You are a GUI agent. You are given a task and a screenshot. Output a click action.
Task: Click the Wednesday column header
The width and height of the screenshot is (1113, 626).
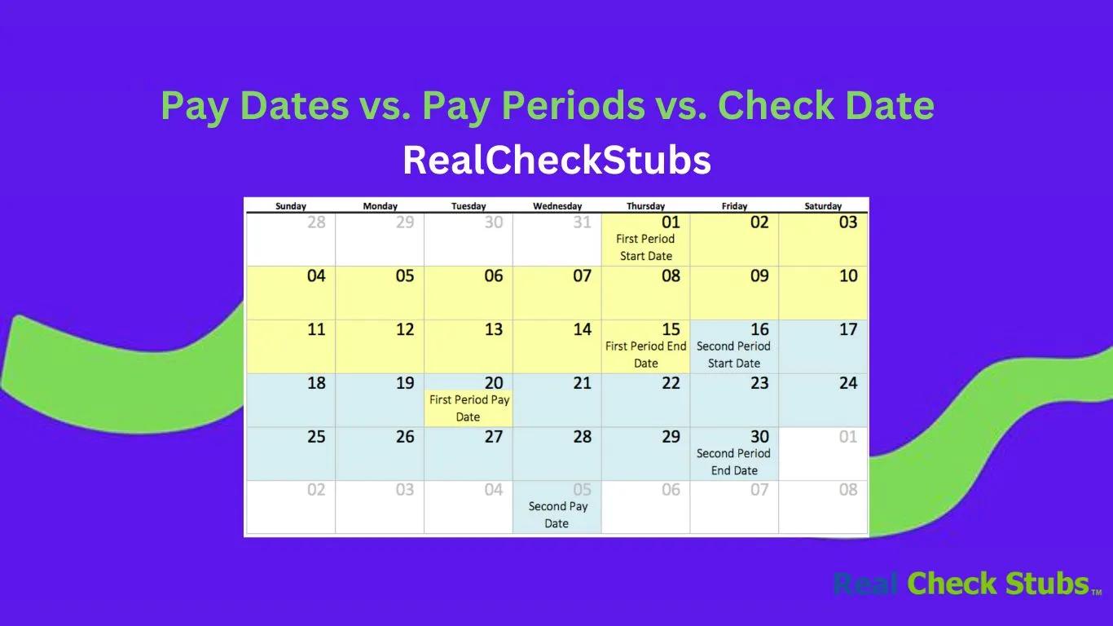pyautogui.click(x=557, y=206)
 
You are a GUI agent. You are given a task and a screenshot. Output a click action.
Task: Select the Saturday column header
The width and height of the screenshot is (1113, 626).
pyautogui.click(x=823, y=206)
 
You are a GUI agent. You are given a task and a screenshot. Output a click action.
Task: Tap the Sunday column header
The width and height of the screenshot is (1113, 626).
pyautogui.click(x=291, y=206)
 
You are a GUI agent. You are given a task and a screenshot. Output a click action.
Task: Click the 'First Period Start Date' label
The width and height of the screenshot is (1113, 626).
pyautogui.click(x=645, y=248)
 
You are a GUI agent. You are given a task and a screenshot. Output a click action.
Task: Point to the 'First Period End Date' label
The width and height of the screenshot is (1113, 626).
pyautogui.click(x=645, y=355)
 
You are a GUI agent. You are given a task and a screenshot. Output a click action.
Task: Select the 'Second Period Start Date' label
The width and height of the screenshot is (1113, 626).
pyautogui.click(x=733, y=355)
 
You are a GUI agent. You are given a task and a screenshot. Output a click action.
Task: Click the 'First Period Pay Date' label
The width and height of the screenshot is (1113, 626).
pyautogui.click(x=469, y=408)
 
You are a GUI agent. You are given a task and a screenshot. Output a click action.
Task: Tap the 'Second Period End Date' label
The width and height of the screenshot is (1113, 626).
pyautogui.click(x=733, y=462)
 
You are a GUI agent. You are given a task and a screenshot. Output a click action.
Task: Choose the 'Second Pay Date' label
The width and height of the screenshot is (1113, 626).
pyautogui.click(x=557, y=515)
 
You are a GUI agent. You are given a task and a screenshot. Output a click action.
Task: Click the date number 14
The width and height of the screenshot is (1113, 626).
pyautogui.click(x=582, y=330)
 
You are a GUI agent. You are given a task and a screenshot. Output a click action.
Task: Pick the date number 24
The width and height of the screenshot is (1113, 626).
pyautogui.click(x=848, y=383)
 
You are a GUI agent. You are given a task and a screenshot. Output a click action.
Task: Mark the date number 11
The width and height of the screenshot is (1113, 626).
pyautogui.click(x=316, y=330)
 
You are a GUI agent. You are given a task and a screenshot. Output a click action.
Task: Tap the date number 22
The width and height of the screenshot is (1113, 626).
pyautogui.click(x=671, y=383)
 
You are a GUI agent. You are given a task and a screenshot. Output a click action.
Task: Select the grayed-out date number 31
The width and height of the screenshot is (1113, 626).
pyautogui.click(x=582, y=223)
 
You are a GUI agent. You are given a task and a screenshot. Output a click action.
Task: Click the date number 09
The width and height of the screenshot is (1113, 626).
pyautogui.click(x=759, y=276)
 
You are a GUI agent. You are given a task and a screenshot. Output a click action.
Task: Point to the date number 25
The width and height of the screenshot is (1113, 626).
pyautogui.click(x=316, y=437)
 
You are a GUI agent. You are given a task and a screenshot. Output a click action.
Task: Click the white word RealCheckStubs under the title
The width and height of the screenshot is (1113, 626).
pyautogui.click(x=556, y=161)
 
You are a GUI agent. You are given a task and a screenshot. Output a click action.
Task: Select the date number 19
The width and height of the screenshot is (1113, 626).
pyautogui.click(x=405, y=383)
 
